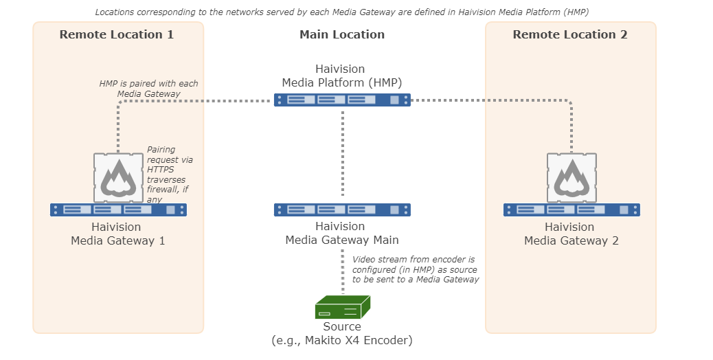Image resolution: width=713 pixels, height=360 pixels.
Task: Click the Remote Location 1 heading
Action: pos(116,34)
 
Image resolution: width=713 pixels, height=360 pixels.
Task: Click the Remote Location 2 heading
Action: pos(569,34)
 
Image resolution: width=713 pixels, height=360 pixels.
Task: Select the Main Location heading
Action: pos(342,34)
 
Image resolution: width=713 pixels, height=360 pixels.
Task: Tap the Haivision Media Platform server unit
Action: pos(342,100)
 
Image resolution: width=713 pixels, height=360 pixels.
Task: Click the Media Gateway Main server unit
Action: pos(342,210)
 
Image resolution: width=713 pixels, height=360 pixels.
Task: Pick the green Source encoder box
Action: pos(342,307)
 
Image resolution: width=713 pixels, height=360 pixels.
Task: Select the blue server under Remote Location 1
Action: pos(118,210)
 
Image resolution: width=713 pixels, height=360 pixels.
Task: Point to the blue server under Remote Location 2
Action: pos(571,210)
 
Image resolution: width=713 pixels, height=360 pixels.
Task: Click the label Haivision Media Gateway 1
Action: pos(117,234)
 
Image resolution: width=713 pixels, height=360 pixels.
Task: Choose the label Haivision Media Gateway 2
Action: pos(571,234)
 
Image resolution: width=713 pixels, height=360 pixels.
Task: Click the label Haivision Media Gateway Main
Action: pos(342,234)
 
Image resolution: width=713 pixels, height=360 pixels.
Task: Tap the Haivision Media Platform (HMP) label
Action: pos(341,76)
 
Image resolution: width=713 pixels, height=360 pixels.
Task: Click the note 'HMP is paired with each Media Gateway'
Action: pos(148,89)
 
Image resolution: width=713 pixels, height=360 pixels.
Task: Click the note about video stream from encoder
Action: pos(414,269)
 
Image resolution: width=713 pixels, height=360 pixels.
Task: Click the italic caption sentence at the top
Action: pos(341,12)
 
